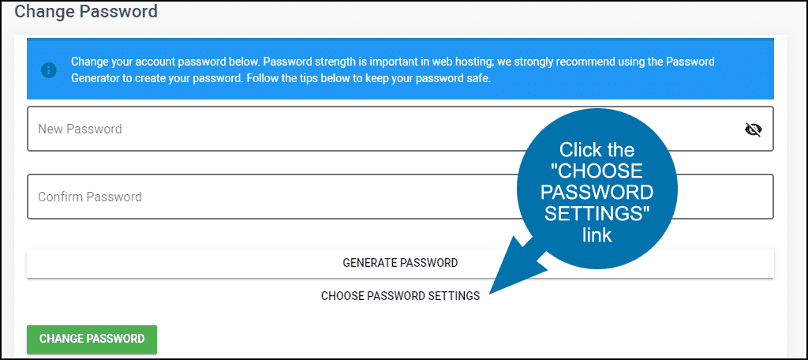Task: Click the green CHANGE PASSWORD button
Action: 92,339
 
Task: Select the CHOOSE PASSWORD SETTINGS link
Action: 400,296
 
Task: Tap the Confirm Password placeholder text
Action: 90,197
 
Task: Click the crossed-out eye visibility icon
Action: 754,129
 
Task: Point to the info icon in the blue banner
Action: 49,71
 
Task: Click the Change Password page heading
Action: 86,11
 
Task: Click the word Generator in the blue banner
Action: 95,80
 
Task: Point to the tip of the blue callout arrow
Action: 488,294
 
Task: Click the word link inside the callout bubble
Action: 597,235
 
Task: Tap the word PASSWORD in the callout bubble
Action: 597,193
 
